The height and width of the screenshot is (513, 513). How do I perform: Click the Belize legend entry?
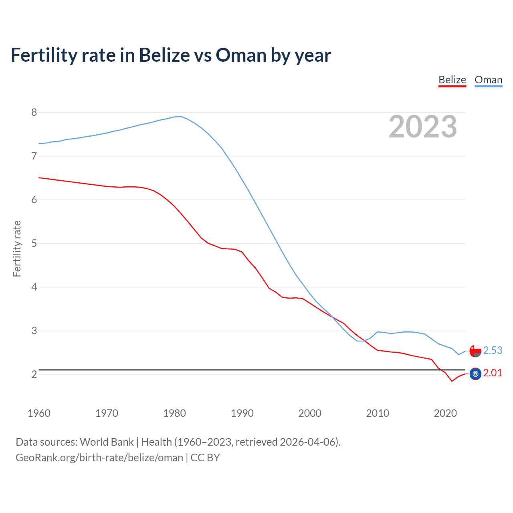coord(452,80)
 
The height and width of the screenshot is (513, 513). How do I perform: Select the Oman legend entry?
coord(488,80)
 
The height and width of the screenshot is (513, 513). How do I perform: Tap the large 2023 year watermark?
coord(423,127)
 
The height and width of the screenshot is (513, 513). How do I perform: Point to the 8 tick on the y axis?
coord(34,112)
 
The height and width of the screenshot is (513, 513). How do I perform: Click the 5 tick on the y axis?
coord(34,243)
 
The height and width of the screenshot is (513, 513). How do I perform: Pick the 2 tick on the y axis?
coord(34,374)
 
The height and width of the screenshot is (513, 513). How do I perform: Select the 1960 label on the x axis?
coord(39,413)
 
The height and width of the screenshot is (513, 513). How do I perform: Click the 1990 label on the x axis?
coord(242,413)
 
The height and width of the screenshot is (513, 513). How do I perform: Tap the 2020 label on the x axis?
coord(445,413)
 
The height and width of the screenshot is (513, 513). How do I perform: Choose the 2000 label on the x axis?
coord(310,413)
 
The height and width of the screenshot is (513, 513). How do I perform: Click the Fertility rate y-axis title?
coord(17,248)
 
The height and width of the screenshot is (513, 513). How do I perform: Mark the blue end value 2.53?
coord(493,350)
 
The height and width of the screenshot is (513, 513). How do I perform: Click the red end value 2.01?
coord(493,373)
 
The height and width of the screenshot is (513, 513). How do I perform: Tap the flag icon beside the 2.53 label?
coord(475,351)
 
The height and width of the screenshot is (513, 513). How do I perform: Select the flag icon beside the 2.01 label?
coord(475,374)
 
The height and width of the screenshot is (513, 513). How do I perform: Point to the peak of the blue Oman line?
coord(180,116)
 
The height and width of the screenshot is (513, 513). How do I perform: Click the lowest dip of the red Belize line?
coord(452,381)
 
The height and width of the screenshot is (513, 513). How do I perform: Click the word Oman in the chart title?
coord(241,55)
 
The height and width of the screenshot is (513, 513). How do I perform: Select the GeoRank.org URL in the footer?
coord(99,458)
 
